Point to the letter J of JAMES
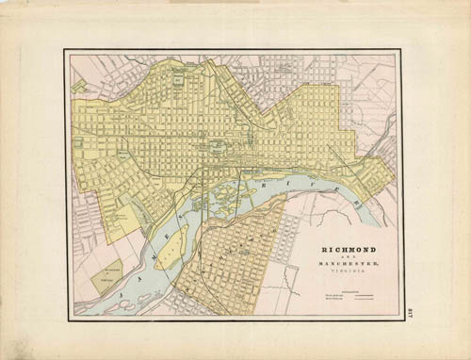[x=88, y=296]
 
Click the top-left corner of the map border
[x=65, y=50]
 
